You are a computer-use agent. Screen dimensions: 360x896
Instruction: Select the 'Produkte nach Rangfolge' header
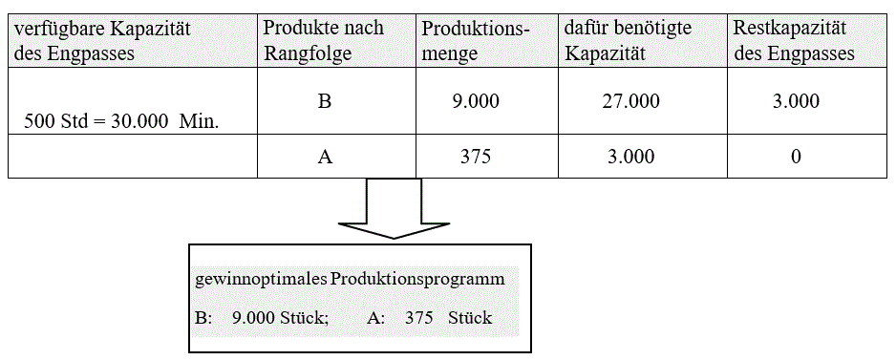tap(323, 41)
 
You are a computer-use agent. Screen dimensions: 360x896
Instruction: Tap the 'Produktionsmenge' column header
tap(475, 41)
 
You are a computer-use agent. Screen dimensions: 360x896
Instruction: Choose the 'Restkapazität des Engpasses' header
tap(795, 41)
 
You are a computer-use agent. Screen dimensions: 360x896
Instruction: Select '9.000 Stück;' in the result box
tap(280, 317)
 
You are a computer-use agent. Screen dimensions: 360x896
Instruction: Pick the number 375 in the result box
tap(419, 317)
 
